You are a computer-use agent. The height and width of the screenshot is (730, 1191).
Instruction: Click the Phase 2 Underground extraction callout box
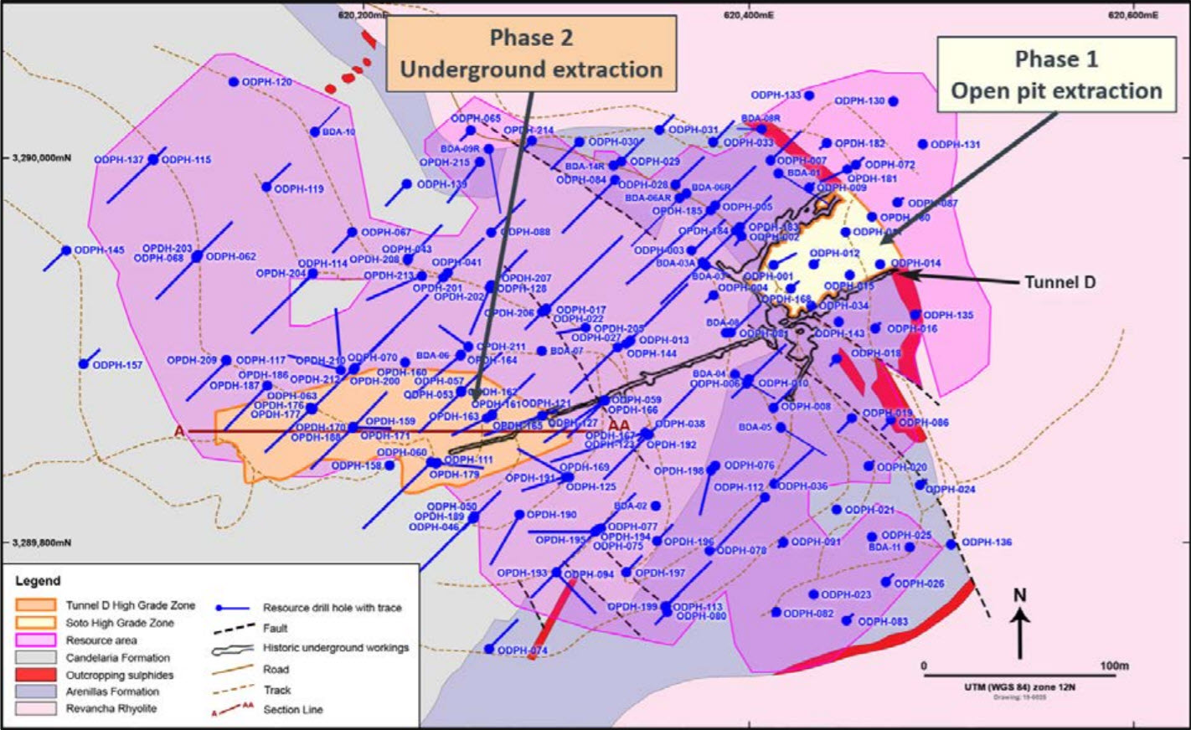coord(530,53)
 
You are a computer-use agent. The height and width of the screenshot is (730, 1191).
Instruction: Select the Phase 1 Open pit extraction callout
coord(1056,75)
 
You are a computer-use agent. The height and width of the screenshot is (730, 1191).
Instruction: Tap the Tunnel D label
coord(1060,282)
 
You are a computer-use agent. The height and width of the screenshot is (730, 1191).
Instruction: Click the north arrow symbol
coord(1019,624)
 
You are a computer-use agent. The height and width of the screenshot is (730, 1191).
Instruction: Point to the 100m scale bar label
coord(1113,666)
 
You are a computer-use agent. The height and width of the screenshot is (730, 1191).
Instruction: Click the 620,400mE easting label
coord(749,14)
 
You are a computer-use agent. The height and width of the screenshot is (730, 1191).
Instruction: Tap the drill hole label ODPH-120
coord(266,82)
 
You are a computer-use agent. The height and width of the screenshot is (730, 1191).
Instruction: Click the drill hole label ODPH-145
coord(99,250)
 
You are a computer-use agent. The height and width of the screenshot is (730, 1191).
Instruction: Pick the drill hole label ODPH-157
coord(117,365)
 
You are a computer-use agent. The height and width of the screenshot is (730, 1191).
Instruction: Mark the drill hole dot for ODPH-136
coord(951,544)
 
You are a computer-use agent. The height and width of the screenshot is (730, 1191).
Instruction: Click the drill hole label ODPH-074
coord(522,650)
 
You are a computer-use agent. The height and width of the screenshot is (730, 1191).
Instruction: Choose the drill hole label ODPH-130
coord(859,100)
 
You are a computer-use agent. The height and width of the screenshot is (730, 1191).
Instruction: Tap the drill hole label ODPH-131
coord(955,144)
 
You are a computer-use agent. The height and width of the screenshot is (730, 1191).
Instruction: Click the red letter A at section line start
coord(178,430)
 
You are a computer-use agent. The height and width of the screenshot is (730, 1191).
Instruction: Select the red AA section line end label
coord(619,424)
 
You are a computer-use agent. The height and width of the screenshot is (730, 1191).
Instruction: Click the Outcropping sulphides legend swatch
coord(36,675)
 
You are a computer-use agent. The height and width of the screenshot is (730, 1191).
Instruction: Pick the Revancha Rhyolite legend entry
coord(111,708)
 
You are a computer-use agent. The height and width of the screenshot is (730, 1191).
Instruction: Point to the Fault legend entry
coord(275,628)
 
